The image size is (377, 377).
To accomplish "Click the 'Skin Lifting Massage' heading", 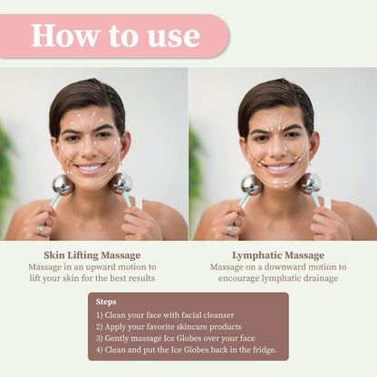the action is coord(92,256).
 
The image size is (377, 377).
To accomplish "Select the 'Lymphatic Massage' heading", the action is coord(278,256).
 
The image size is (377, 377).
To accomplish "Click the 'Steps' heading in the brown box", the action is coord(106,302).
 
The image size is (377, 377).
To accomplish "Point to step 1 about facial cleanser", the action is coord(165,315).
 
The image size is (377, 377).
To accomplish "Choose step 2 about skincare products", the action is coord(169,327).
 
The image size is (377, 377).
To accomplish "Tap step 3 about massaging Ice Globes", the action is coord(176,338).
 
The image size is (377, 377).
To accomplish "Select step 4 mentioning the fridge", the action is coord(187,350).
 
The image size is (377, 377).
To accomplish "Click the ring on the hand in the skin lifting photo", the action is coord(41,228).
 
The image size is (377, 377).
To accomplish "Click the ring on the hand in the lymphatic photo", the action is coord(229,228).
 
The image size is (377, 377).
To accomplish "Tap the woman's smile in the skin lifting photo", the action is coord(90,168).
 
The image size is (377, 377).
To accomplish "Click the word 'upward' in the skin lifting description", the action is coord(101,267).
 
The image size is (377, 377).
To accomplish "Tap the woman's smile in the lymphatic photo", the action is coord(279,168).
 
